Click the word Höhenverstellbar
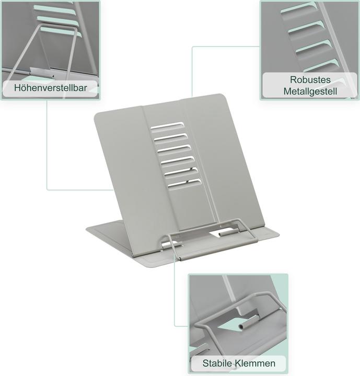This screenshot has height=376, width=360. [x=50, y=88]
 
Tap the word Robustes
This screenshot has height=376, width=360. [x=310, y=79]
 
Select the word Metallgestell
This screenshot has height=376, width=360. [x=310, y=91]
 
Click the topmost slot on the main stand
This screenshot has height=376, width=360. [x=167, y=125]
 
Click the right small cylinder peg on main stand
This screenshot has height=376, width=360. [x=228, y=232]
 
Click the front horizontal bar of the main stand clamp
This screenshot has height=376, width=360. [x=218, y=250]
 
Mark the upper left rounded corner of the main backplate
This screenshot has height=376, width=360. [x=96, y=115]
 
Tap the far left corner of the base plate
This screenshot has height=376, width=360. [x=87, y=229]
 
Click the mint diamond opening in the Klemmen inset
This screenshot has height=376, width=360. [x=231, y=324]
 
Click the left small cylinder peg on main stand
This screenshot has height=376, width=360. [x=172, y=245]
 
